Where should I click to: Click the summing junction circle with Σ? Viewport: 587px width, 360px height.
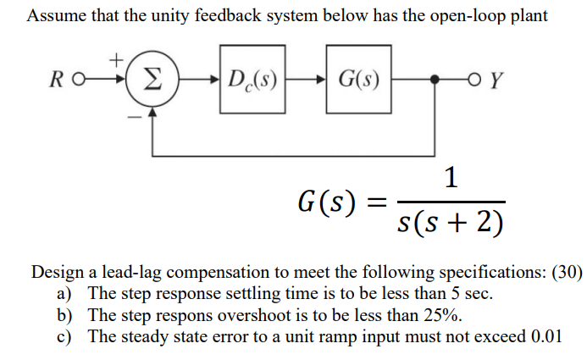pos(151,82)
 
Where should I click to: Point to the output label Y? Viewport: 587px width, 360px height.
pos(498,83)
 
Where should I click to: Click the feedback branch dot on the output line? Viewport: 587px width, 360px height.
pos(435,83)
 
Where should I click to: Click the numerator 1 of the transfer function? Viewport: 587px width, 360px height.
pos(451,178)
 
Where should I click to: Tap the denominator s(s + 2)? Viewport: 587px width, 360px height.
pos(451,222)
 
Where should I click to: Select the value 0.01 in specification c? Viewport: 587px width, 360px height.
pos(545,335)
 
